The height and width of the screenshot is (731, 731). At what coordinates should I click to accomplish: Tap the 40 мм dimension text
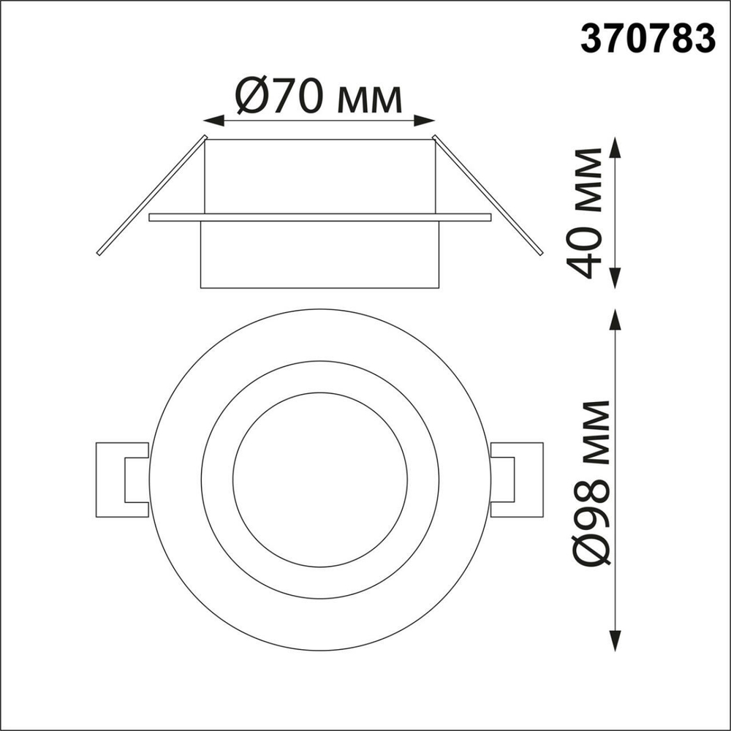click(x=588, y=213)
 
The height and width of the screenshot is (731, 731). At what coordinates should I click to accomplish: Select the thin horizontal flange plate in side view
click(x=319, y=217)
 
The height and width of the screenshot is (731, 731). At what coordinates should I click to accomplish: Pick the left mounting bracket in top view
click(x=121, y=480)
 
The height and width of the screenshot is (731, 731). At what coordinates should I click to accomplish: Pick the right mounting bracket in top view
click(x=519, y=480)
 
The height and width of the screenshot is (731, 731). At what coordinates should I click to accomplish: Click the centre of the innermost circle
click(x=319, y=480)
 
